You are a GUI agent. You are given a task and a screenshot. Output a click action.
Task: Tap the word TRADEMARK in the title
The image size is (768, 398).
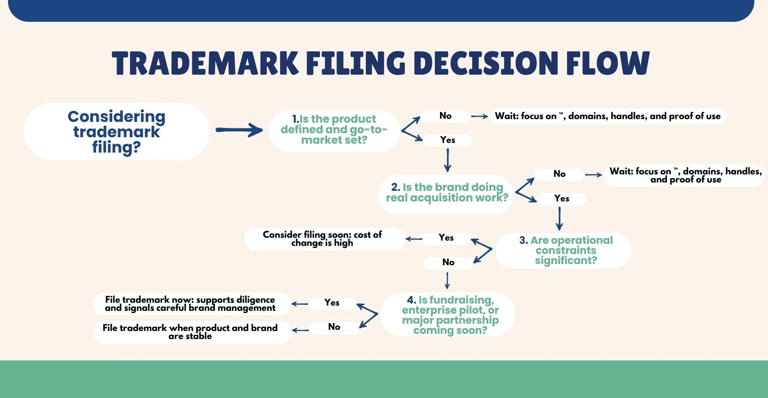(x=205, y=63)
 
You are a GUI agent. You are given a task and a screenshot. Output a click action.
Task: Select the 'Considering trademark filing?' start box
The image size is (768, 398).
(x=116, y=132)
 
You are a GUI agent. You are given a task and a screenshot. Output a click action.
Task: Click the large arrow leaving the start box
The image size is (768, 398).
(x=239, y=130)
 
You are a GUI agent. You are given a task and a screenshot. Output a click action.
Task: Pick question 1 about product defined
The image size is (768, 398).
(x=334, y=130)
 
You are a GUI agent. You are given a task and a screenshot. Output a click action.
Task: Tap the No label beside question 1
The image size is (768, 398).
(x=445, y=116)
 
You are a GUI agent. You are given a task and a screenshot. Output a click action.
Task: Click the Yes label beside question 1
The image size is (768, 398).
(x=447, y=140)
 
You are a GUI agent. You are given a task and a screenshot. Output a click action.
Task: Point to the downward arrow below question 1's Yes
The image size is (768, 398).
(x=447, y=160)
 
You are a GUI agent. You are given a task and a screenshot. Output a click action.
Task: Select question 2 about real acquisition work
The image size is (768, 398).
(x=446, y=193)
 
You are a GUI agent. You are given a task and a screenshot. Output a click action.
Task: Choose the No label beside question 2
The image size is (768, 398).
(x=559, y=174)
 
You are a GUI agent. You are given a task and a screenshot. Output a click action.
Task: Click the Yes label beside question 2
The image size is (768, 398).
(x=561, y=199)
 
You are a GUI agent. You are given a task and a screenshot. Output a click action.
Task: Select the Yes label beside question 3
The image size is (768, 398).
(x=446, y=238)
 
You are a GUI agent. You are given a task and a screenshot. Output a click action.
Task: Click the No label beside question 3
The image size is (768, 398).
(x=448, y=262)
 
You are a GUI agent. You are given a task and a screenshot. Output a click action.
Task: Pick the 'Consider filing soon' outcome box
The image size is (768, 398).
(x=322, y=239)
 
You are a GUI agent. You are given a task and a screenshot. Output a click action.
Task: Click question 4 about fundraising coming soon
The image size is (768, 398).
(x=450, y=315)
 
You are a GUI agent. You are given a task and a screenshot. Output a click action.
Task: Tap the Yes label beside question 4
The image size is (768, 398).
(x=332, y=303)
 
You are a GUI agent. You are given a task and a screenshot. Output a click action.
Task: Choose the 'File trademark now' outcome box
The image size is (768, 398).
(x=190, y=304)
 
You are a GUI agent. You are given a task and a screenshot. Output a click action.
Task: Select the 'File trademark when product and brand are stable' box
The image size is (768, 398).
(x=190, y=332)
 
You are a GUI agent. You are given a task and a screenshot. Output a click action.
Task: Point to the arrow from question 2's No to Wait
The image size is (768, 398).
(x=593, y=175)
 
